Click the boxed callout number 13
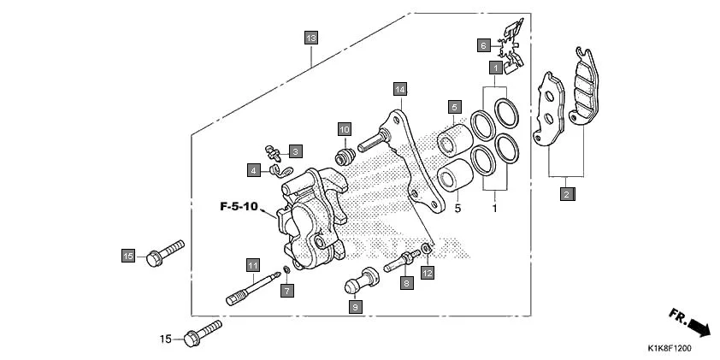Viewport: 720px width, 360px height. [311, 38]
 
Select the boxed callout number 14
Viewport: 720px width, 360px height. [399, 88]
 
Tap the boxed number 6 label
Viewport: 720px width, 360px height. [483, 45]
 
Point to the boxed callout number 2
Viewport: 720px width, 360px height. [565, 195]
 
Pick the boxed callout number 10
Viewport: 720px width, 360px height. [344, 129]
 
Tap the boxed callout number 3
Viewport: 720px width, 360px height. [294, 150]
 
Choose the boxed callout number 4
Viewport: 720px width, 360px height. [254, 170]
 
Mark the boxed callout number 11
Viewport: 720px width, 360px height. [252, 264]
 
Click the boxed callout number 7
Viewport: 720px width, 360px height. [287, 291]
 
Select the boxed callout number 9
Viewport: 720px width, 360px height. [354, 305]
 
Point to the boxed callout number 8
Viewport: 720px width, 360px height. [406, 282]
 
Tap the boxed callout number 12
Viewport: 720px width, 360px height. [428, 273]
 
